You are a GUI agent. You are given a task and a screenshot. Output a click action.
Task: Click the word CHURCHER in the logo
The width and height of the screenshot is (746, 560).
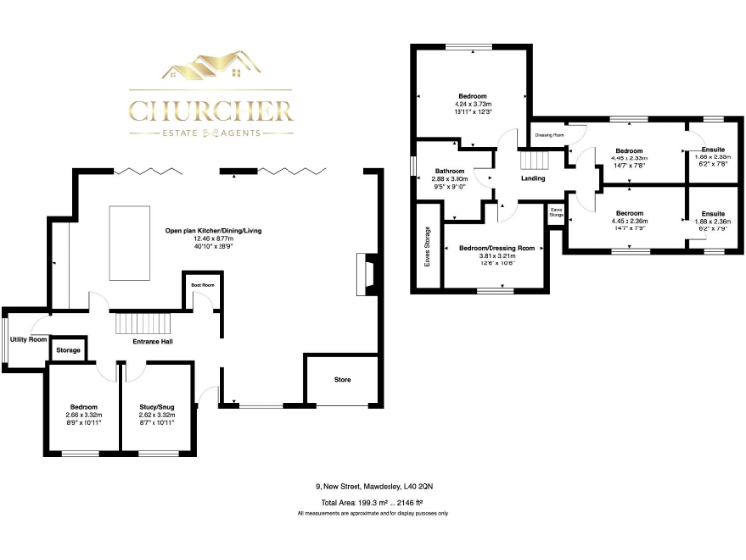[211, 107]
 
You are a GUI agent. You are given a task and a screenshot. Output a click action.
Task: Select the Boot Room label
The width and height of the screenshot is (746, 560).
[201, 284]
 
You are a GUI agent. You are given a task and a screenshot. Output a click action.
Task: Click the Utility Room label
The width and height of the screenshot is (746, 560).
[28, 340]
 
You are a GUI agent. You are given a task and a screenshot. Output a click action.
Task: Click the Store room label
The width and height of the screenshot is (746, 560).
[342, 379]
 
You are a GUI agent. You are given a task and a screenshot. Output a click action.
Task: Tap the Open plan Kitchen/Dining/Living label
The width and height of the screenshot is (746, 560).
[227, 230]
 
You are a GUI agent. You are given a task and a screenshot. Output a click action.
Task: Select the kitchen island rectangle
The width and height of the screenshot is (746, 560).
[128, 240]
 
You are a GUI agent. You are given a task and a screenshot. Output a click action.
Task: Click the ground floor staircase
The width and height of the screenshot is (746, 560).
[142, 323]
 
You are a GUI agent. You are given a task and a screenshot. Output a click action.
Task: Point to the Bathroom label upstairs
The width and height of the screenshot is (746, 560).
[451, 171]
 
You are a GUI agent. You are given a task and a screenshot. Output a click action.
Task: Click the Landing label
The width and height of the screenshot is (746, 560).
[532, 179]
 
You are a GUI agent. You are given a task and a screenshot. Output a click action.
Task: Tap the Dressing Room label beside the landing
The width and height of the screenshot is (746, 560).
[550, 135]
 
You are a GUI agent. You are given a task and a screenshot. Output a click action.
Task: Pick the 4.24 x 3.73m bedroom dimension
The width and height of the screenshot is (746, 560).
[472, 105]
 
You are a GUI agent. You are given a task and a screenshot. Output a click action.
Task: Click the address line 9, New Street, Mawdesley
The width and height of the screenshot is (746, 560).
[373, 485]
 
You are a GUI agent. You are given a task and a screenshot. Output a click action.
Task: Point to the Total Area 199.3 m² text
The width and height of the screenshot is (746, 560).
[373, 502]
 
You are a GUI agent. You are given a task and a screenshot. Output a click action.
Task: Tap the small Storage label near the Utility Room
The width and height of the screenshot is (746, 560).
[68, 349]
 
